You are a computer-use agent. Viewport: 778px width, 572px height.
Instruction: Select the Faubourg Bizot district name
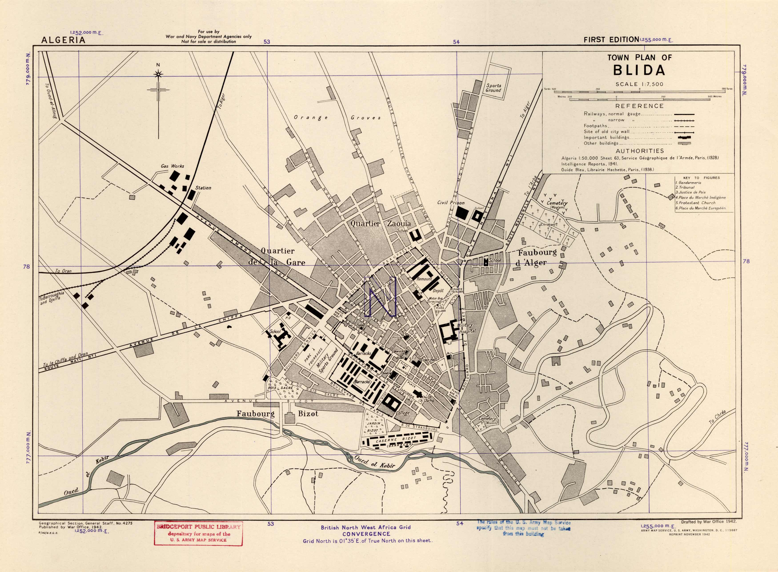click(277, 414)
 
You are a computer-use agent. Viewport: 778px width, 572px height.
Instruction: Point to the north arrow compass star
click(158, 74)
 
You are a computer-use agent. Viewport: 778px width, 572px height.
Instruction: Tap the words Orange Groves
click(337, 118)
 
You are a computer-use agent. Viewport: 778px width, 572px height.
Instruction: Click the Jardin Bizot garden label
click(374, 427)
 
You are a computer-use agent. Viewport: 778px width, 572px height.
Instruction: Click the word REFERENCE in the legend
click(639, 106)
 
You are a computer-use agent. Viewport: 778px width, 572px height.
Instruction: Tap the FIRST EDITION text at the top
click(611, 40)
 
